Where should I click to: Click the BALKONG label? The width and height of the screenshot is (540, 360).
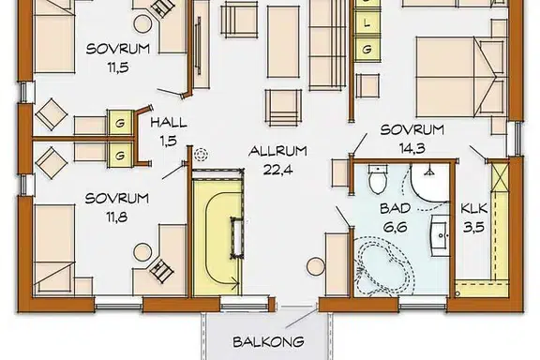click(x=269, y=342)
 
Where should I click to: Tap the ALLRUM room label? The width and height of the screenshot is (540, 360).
click(x=277, y=151)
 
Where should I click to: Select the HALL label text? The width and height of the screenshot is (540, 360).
click(x=169, y=123)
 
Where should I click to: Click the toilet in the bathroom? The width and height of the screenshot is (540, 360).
click(x=378, y=178)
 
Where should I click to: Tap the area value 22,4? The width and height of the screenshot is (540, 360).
click(x=277, y=170)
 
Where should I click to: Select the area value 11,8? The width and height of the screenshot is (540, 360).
click(x=117, y=217)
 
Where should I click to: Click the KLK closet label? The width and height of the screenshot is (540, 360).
click(x=474, y=208)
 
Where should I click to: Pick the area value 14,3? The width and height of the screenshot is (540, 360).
click(x=412, y=148)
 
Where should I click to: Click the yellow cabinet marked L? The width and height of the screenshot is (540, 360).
click(x=367, y=23)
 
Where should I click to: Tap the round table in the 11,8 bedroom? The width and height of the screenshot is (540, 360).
click(x=142, y=252)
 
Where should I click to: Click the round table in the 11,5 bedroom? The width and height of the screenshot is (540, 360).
click(x=142, y=24)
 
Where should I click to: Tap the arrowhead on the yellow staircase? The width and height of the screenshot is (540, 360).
click(x=236, y=284)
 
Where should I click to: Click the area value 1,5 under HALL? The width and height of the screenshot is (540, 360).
click(x=169, y=141)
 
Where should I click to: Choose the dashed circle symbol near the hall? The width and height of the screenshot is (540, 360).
click(x=202, y=154)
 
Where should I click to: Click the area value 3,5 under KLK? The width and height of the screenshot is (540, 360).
click(x=473, y=227)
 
